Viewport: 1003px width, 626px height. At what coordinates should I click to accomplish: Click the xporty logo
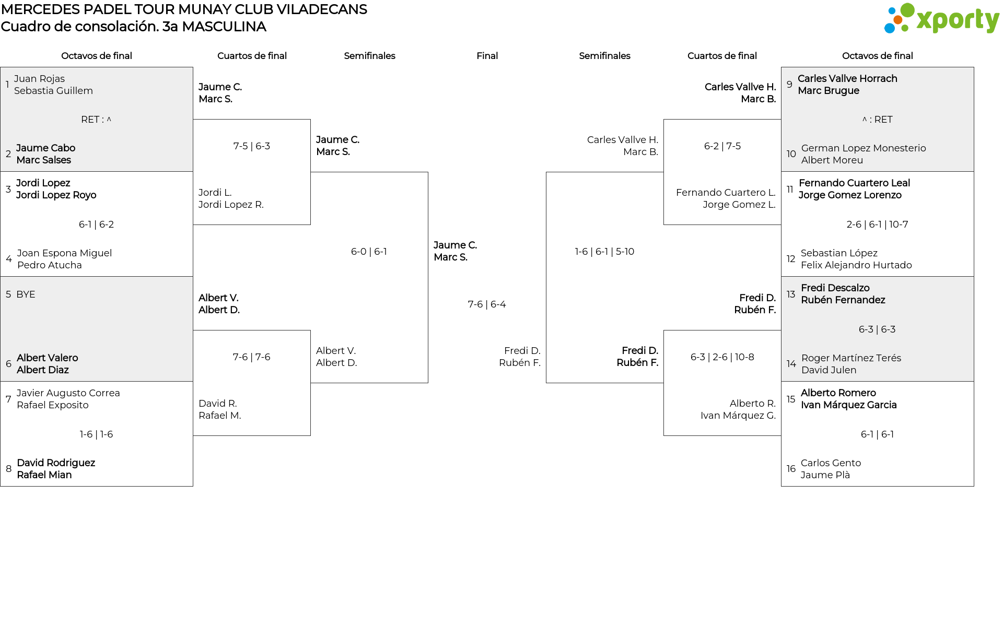pos(941,19)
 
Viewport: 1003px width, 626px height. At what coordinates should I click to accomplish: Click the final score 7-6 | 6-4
pos(486,304)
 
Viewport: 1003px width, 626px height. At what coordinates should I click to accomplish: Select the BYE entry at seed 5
pos(26,294)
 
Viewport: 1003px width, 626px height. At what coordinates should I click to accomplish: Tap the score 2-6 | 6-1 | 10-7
pos(877,225)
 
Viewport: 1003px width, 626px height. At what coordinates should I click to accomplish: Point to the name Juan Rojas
pos(39,79)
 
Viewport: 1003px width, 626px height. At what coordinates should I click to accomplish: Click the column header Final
pos(487,56)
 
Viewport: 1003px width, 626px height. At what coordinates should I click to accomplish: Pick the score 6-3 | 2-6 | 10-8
pos(722,357)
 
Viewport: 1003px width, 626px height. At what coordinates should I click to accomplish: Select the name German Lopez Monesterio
pos(863,148)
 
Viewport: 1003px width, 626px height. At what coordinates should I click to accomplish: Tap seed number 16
pos(791,469)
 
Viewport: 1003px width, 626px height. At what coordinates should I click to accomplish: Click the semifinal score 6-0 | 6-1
pos(369,252)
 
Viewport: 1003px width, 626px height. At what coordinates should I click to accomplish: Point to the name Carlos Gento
pos(831,463)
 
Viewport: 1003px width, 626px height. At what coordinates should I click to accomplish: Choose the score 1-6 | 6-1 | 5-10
pos(604,252)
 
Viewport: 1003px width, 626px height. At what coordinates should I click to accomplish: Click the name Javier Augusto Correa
pos(68,393)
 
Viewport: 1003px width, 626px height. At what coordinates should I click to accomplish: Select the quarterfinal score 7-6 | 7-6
pos(251,357)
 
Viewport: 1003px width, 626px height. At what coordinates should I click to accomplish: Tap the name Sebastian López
pos(839,253)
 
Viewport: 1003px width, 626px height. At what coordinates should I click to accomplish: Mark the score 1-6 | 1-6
pos(96,434)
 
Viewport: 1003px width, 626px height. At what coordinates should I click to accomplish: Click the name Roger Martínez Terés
pos(851,358)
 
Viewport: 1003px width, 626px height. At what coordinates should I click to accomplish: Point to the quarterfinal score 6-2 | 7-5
pos(722,146)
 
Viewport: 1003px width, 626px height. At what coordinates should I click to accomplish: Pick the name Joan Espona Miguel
pos(64,253)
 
